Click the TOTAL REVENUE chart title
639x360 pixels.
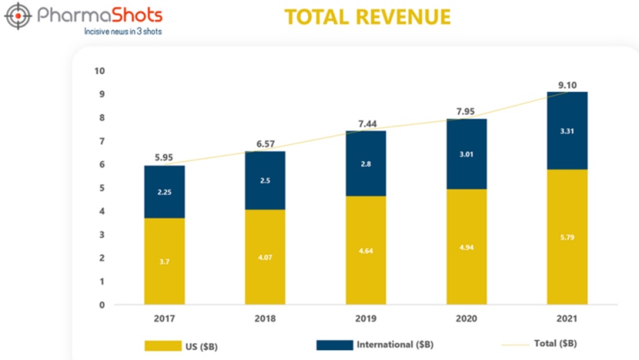[367, 17]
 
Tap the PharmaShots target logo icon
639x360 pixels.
[19, 16]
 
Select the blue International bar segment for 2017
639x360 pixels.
[165, 192]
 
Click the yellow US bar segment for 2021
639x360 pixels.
[566, 237]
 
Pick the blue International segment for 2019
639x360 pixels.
[366, 163]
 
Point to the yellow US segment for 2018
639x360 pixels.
[265, 257]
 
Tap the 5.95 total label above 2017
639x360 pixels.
[165, 156]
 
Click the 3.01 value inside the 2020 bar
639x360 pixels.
[466, 153]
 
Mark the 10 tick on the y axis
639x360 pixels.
[99, 70]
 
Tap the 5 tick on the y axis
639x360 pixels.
[101, 188]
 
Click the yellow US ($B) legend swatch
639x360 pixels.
[162, 346]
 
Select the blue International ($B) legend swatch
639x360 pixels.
[334, 346]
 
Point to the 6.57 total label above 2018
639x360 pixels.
[265, 144]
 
